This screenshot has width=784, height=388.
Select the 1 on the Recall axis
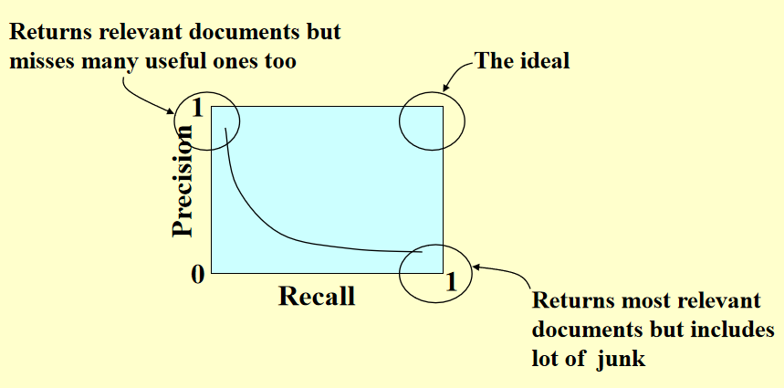tap(450, 282)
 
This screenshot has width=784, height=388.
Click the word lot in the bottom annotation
tap(545, 359)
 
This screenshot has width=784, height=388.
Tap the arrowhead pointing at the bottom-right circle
tap(476, 267)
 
